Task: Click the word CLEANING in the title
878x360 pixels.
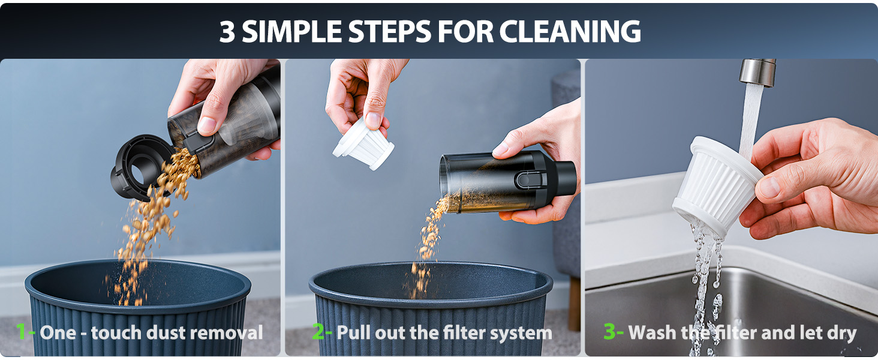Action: [570, 31]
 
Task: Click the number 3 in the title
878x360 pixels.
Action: [227, 31]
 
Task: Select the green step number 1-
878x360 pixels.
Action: [25, 332]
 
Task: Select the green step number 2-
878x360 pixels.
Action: [322, 332]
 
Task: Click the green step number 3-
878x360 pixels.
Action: [614, 332]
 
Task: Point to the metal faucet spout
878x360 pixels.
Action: [757, 73]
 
